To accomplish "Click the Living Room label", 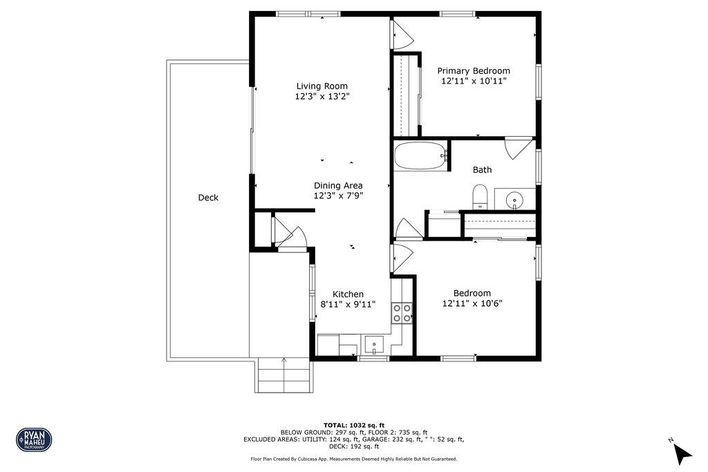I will click(x=322, y=86).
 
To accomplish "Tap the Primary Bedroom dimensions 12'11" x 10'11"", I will click(x=474, y=81).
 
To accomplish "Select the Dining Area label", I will click(x=338, y=185).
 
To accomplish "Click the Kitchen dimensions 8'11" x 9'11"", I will click(x=348, y=304).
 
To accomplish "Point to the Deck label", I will click(x=208, y=198).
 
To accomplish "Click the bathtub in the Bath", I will click(x=420, y=156).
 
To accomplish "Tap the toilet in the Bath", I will click(x=481, y=196).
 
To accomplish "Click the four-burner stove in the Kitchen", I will click(x=402, y=313).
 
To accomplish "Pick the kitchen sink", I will click(x=374, y=343).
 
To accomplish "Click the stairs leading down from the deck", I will click(x=283, y=376).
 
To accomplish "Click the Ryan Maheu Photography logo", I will click(x=34, y=439).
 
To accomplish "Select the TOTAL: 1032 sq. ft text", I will click(x=354, y=425).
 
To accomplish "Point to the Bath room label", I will click(x=483, y=169).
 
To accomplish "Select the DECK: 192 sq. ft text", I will click(x=354, y=446).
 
